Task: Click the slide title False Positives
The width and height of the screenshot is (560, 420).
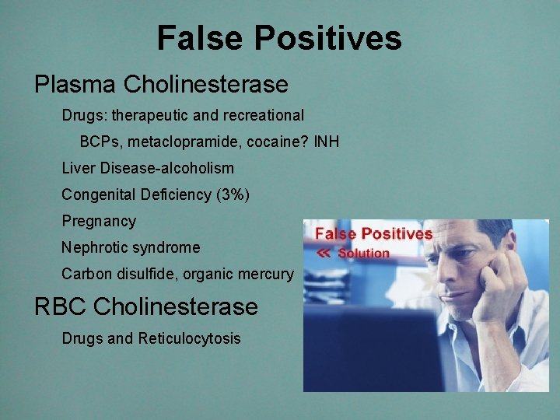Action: click(x=279, y=37)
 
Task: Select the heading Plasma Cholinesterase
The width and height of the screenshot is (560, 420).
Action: click(x=161, y=83)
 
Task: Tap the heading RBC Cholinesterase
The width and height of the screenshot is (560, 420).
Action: click(x=145, y=306)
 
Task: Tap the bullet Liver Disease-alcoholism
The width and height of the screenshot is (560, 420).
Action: click(x=147, y=168)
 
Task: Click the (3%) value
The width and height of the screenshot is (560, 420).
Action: click(x=233, y=194)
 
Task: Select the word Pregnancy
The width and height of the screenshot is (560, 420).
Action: click(x=99, y=222)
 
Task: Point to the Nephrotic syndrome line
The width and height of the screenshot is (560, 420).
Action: click(x=131, y=247)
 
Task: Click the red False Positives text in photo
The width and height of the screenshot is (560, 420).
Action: click(x=373, y=234)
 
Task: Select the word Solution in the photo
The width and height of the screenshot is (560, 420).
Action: click(x=363, y=253)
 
